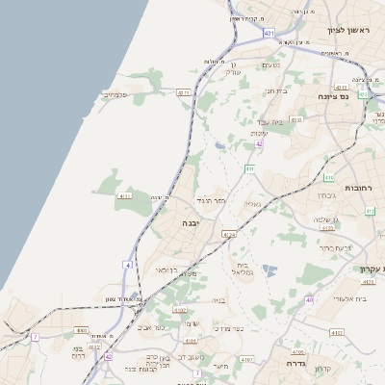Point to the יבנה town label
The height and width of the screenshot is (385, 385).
point(191,223)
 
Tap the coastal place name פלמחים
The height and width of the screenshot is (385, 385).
point(116,94)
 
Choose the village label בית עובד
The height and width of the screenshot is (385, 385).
point(281,122)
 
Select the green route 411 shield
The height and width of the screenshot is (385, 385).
point(248,169)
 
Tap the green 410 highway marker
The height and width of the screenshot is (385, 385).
point(329,177)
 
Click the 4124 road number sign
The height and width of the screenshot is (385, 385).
point(228,234)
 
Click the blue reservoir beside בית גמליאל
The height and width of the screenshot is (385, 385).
point(269,272)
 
